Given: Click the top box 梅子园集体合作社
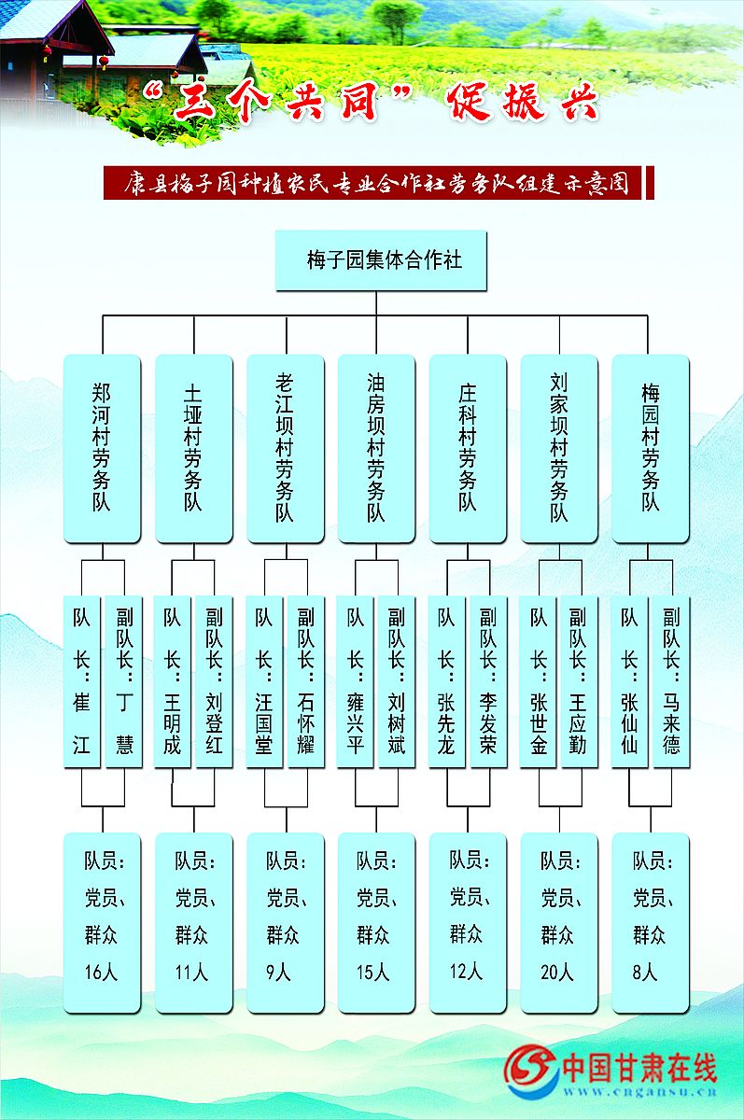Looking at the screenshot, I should pos(381,259).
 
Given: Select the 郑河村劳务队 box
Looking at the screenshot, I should pos(102,448).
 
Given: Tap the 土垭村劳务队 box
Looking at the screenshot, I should pos(193,448).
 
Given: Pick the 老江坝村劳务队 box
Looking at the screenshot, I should pos(285,448).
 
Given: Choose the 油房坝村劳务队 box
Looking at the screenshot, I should pos(376,448).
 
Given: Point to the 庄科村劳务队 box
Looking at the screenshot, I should pos(468,448).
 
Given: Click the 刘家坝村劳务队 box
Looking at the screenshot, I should pos(559,448).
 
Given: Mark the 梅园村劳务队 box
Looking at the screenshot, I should pos(650,448).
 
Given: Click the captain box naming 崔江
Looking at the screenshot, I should pos(82,681).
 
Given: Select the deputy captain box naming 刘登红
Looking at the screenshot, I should pos(214,681).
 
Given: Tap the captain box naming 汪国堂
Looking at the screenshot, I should pos(265,681).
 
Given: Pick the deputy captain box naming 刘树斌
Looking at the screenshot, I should pos(397,681).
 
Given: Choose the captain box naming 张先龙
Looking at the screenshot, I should pos(448,681).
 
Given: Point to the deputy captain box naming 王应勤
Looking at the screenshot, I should pos(579,681).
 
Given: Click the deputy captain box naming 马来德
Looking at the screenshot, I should pos(671,681).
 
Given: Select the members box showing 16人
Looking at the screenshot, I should pos(102,922).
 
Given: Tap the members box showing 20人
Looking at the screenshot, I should pos(559,922).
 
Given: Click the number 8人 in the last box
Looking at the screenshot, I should pos(645,973).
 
